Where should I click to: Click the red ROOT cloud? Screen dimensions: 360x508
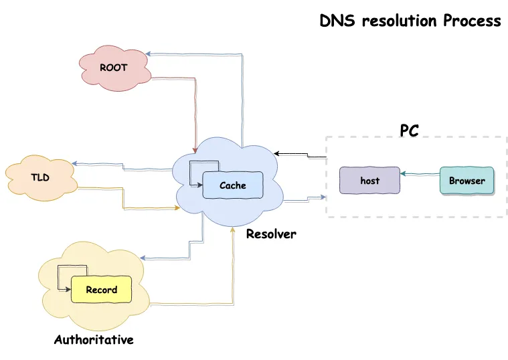click(x=113, y=68)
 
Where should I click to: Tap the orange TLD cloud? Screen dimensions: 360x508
click(x=40, y=177)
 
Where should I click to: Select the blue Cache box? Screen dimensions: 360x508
click(x=232, y=185)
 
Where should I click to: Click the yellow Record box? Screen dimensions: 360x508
click(x=101, y=290)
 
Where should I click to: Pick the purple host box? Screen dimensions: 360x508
click(x=369, y=181)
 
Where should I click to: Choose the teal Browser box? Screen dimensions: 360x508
click(x=467, y=181)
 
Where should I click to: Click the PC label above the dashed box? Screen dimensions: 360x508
click(x=409, y=130)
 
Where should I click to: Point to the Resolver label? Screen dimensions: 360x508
click(x=270, y=234)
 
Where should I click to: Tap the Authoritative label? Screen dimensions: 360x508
click(x=94, y=340)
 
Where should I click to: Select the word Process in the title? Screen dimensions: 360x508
click(x=471, y=21)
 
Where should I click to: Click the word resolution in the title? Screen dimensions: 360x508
click(x=400, y=21)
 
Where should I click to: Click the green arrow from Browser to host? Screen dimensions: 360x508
click(x=420, y=175)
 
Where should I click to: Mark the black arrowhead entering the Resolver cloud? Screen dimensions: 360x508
click(x=276, y=153)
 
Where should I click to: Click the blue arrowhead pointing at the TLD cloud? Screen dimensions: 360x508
click(x=74, y=165)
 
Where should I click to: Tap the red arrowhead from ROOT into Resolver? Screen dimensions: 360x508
click(x=195, y=149)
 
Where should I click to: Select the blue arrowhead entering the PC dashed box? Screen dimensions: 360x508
click(x=323, y=197)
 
